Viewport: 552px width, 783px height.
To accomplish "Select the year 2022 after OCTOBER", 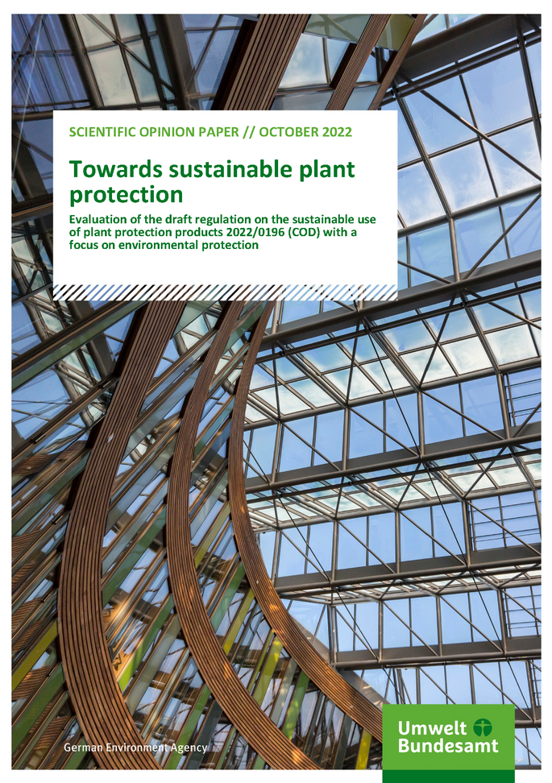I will [335, 132].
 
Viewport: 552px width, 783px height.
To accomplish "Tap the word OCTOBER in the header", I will [286, 132].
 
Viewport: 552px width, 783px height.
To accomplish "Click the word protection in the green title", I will [126, 195].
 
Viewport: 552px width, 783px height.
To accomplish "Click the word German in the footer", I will [84, 748].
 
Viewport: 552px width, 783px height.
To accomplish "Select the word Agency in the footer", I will [189, 748].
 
